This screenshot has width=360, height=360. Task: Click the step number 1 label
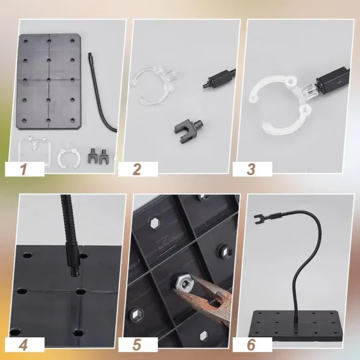[23, 169]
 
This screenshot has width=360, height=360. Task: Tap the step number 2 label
[137, 169]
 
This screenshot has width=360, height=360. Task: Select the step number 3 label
[251, 169]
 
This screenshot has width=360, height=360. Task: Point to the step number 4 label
[23, 344]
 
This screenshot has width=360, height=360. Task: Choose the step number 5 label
[137, 344]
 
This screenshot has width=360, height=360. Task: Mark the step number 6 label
[251, 344]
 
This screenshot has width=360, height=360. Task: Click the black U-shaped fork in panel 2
[184, 125]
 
